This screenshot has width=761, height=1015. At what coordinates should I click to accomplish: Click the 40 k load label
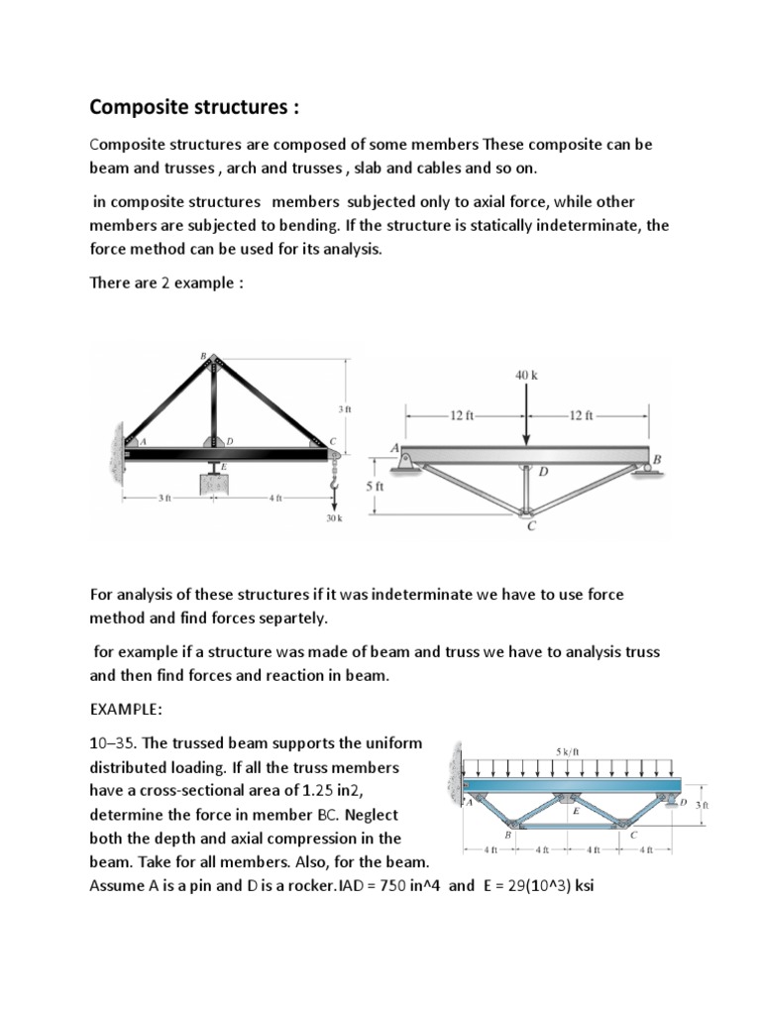click(526, 376)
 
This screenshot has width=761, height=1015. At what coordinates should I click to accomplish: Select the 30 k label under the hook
click(334, 518)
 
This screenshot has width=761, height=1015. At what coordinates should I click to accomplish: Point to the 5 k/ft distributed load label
click(568, 751)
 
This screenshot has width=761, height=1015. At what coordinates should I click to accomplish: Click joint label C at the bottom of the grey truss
click(531, 526)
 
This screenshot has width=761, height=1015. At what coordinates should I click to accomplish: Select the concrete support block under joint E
click(211, 487)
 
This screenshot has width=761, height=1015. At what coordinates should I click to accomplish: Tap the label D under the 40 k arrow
click(543, 471)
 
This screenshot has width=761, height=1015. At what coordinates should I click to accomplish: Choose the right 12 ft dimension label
click(582, 415)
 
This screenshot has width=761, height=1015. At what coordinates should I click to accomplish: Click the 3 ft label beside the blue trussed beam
click(702, 806)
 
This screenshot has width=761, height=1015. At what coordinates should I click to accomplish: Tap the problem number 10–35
click(115, 742)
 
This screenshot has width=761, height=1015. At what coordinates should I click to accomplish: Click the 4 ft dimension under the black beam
click(274, 497)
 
